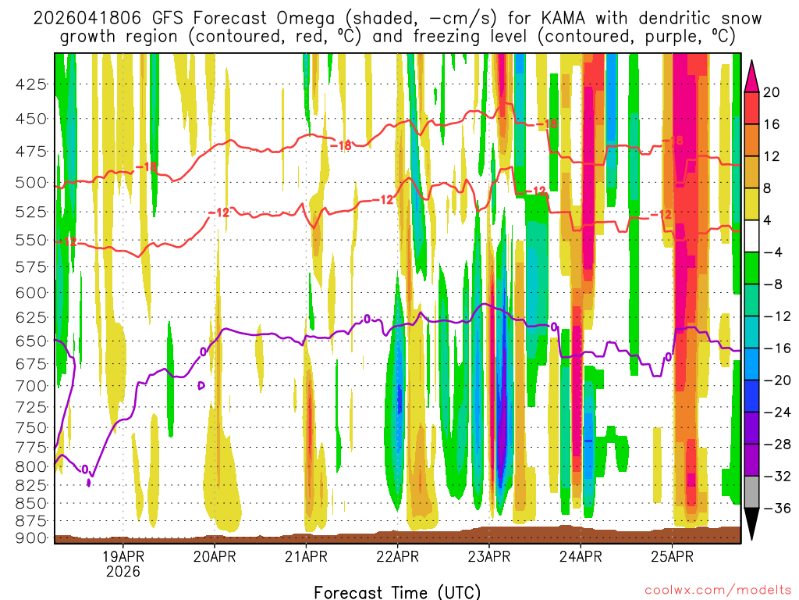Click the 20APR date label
point(215,557)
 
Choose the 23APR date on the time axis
point(489,557)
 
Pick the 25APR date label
point(673,557)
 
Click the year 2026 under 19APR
point(123,572)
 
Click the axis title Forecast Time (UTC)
point(397,591)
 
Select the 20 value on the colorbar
point(772,92)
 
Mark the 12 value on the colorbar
point(772,156)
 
